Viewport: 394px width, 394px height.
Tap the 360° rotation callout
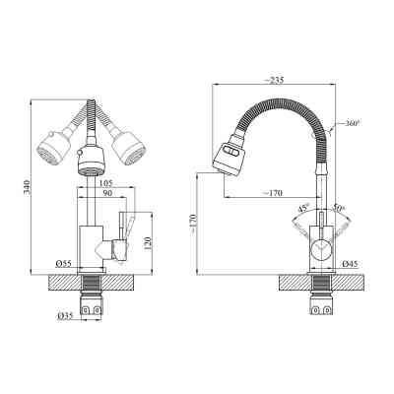pos(353,124)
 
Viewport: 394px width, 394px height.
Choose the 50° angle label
pos(337,208)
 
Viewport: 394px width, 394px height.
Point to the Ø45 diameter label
pos(349,264)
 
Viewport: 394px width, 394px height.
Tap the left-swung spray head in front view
pos(52,148)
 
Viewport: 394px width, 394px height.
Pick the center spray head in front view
pos(90,162)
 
